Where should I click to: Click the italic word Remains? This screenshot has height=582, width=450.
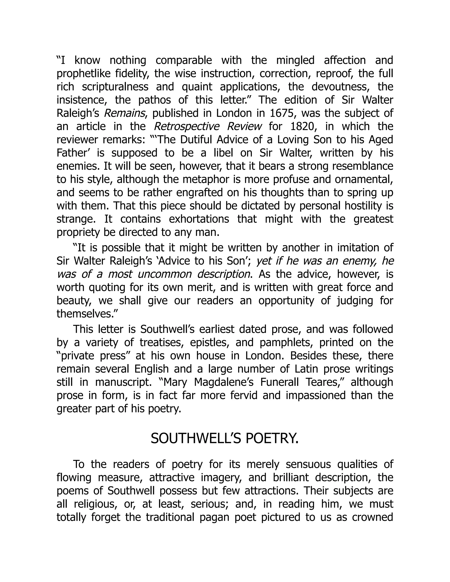[x=124, y=113]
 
